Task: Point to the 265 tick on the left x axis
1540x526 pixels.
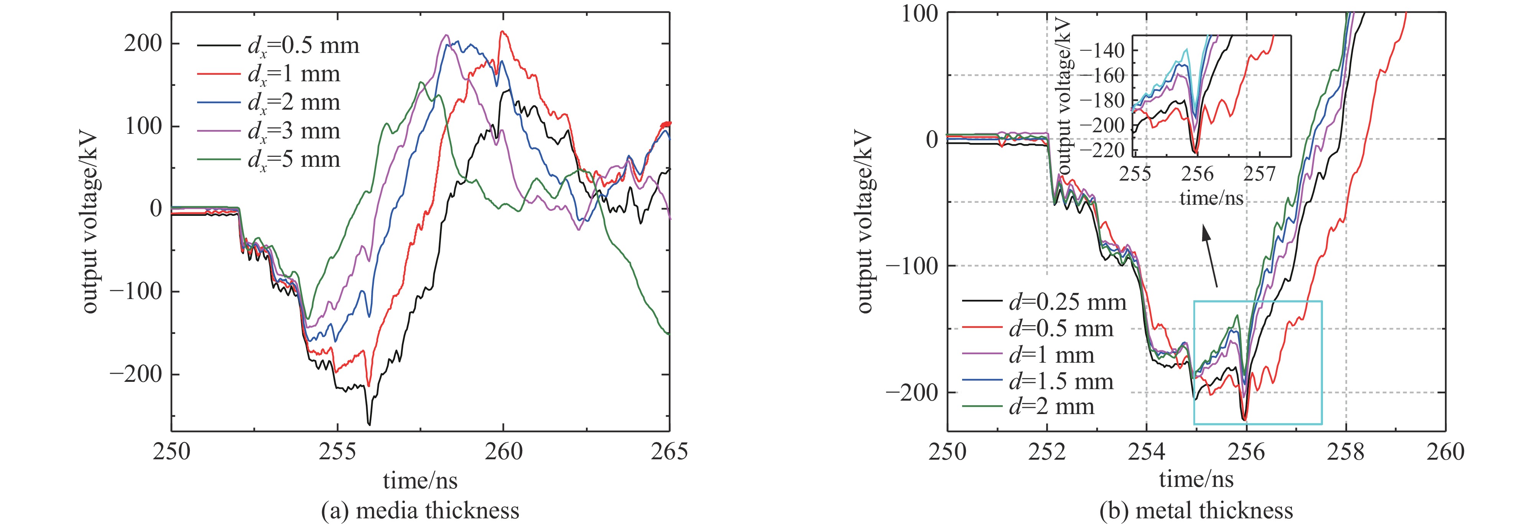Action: [669, 451]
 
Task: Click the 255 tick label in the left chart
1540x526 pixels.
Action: [337, 451]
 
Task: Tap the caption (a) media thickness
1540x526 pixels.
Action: [420, 511]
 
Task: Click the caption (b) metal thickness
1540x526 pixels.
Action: [1196, 511]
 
